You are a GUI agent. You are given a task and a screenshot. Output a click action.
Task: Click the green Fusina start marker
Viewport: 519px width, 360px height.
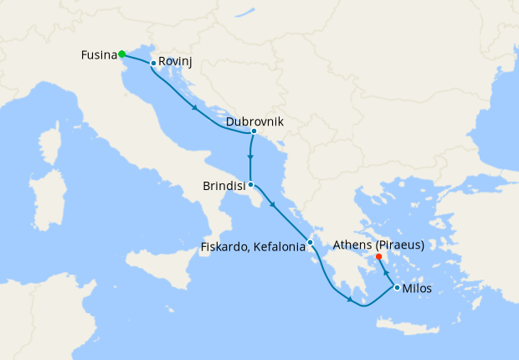pos(122,54)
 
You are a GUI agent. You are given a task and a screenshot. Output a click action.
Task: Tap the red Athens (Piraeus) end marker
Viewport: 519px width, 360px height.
pos(379,256)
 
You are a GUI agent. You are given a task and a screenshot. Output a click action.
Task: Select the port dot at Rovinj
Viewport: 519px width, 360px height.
pos(152,63)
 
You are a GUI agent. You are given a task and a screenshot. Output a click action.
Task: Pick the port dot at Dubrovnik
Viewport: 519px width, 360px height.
pos(253,131)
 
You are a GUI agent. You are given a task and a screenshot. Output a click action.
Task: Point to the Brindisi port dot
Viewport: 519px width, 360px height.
pos(250,184)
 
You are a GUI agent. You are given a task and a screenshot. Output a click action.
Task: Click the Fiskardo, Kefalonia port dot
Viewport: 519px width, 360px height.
pos(310,243)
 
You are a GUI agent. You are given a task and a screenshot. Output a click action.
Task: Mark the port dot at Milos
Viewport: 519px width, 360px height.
pos(396,287)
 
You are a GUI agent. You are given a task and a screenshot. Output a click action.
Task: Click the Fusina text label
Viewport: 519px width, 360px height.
pos(99,55)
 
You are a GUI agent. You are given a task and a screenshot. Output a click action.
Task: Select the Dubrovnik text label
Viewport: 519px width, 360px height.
pos(254,121)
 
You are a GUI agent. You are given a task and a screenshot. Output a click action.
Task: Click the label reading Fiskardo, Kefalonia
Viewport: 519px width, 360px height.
pos(252,248)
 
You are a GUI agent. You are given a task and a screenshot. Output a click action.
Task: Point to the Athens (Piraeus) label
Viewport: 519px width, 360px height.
pos(378,244)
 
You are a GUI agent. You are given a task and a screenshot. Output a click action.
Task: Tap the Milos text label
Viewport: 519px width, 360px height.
pos(418,289)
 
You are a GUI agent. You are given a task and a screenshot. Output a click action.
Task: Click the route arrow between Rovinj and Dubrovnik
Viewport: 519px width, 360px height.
pos(195,106)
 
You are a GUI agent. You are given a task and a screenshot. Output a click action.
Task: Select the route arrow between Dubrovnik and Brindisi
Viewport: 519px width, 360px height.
pos(250,157)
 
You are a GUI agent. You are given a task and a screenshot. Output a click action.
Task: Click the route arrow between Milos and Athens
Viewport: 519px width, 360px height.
pos(386,271)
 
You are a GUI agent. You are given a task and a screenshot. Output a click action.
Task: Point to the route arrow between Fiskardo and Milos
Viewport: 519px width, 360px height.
pos(349,299)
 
